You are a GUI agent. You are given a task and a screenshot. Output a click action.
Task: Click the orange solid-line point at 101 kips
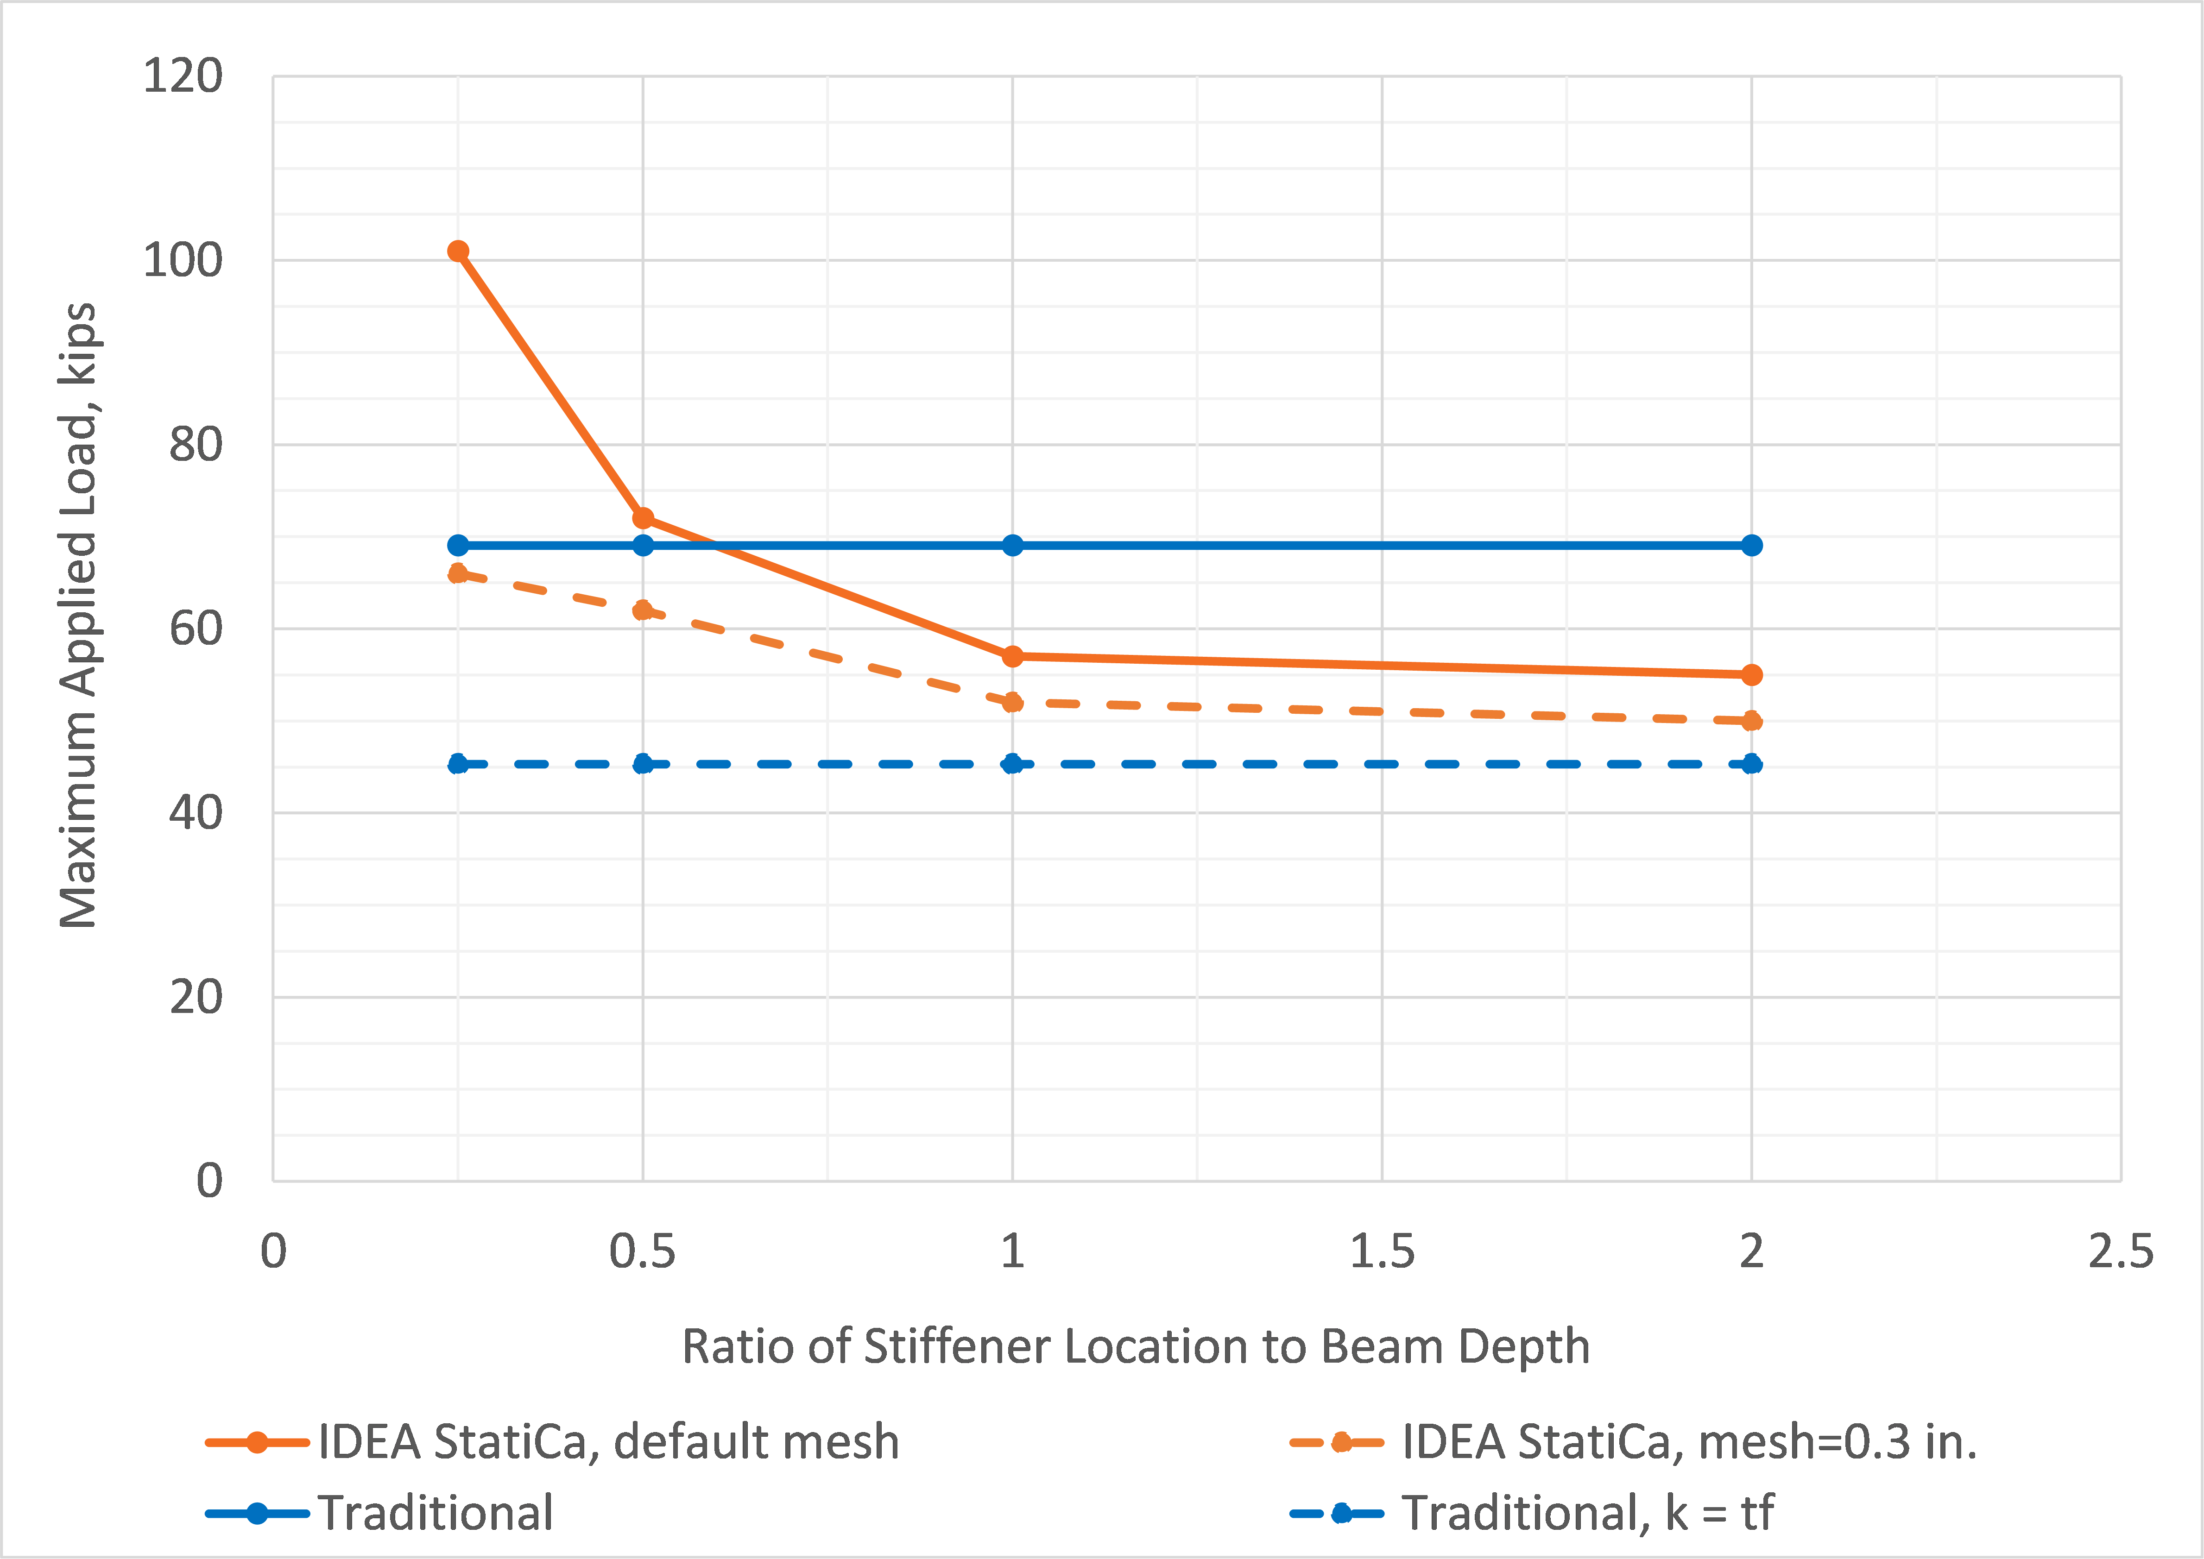pos(458,251)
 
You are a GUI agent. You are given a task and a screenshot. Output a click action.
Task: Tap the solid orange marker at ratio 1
pos(1012,657)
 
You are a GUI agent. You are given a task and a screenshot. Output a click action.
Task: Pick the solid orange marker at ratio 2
pos(1752,675)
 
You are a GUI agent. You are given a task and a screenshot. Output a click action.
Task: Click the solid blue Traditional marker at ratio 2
pos(1752,545)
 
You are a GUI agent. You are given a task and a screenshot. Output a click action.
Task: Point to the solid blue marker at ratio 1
pos(1012,545)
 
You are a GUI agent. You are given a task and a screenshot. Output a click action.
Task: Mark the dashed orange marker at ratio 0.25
pos(458,574)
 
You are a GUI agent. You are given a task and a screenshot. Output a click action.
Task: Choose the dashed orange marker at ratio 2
pos(1752,721)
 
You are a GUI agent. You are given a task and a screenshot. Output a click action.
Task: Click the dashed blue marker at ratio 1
pos(1012,764)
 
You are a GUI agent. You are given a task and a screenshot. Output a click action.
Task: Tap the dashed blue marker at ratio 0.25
pos(458,764)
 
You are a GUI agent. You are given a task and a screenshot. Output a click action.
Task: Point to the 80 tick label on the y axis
pos(196,445)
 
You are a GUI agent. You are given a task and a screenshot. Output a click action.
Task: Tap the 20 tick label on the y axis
pos(196,997)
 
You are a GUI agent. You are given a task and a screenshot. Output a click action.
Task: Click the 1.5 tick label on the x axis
pos(1382,1252)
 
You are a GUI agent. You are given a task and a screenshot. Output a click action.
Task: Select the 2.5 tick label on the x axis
pos(2121,1252)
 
